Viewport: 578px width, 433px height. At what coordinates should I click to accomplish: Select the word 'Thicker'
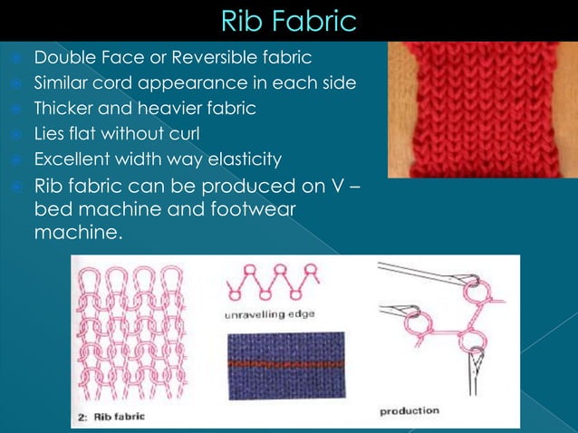pos(63,109)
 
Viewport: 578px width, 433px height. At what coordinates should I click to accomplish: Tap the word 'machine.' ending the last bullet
pos(78,233)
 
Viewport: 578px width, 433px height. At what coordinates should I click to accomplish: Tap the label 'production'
pos(409,410)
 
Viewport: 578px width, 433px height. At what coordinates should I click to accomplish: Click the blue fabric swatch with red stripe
pos(285,365)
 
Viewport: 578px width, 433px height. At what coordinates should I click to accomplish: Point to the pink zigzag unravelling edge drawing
pos(273,283)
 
